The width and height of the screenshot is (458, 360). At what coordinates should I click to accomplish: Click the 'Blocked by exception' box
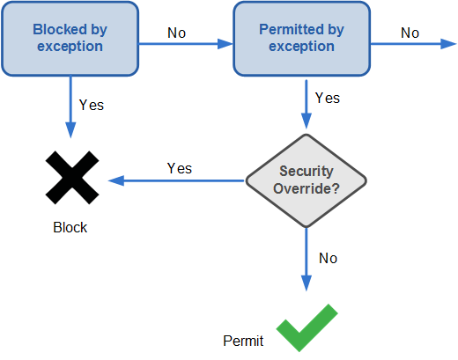[x=70, y=39]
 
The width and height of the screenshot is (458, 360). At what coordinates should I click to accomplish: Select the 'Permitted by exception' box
[x=301, y=39]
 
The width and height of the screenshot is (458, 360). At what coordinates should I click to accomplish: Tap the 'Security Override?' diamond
[x=307, y=180]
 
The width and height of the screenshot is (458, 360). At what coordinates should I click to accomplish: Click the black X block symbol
[x=72, y=178]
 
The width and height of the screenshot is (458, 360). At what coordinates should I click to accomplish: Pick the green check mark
[x=307, y=327]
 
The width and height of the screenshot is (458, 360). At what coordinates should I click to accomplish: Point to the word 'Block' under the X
[x=70, y=227]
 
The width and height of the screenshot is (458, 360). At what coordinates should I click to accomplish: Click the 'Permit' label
[x=243, y=341]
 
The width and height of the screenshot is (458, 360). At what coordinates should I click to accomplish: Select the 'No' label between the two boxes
[x=176, y=33]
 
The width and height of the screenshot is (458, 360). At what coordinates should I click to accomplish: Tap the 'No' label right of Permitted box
[x=410, y=33]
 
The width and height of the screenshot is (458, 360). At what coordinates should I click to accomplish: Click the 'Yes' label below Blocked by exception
[x=92, y=105]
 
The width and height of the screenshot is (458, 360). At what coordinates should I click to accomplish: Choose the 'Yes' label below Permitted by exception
[x=328, y=98]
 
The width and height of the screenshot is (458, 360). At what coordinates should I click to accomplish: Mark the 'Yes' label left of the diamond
[x=180, y=168]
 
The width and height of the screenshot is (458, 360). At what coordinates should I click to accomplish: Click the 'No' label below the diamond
[x=328, y=259]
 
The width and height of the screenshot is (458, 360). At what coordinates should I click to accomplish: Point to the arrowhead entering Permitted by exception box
[x=225, y=44]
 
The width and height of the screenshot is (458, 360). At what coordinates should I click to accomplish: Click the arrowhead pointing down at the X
[x=70, y=130]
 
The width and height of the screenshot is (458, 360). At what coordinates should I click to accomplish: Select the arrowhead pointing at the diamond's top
[x=307, y=121]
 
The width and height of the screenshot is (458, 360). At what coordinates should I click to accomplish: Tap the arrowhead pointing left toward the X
[x=116, y=180]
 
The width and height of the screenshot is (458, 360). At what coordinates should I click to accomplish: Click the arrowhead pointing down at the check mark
[x=307, y=283]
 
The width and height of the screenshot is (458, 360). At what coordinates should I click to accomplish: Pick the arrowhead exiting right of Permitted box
[x=449, y=44]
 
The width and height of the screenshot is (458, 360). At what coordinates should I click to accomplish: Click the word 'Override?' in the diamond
[x=307, y=188]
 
